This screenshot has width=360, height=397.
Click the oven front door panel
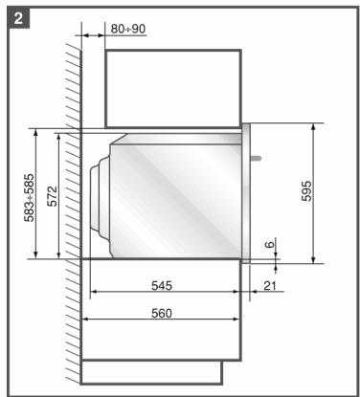coord(246,191)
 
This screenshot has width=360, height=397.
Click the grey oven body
coord(177,196)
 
